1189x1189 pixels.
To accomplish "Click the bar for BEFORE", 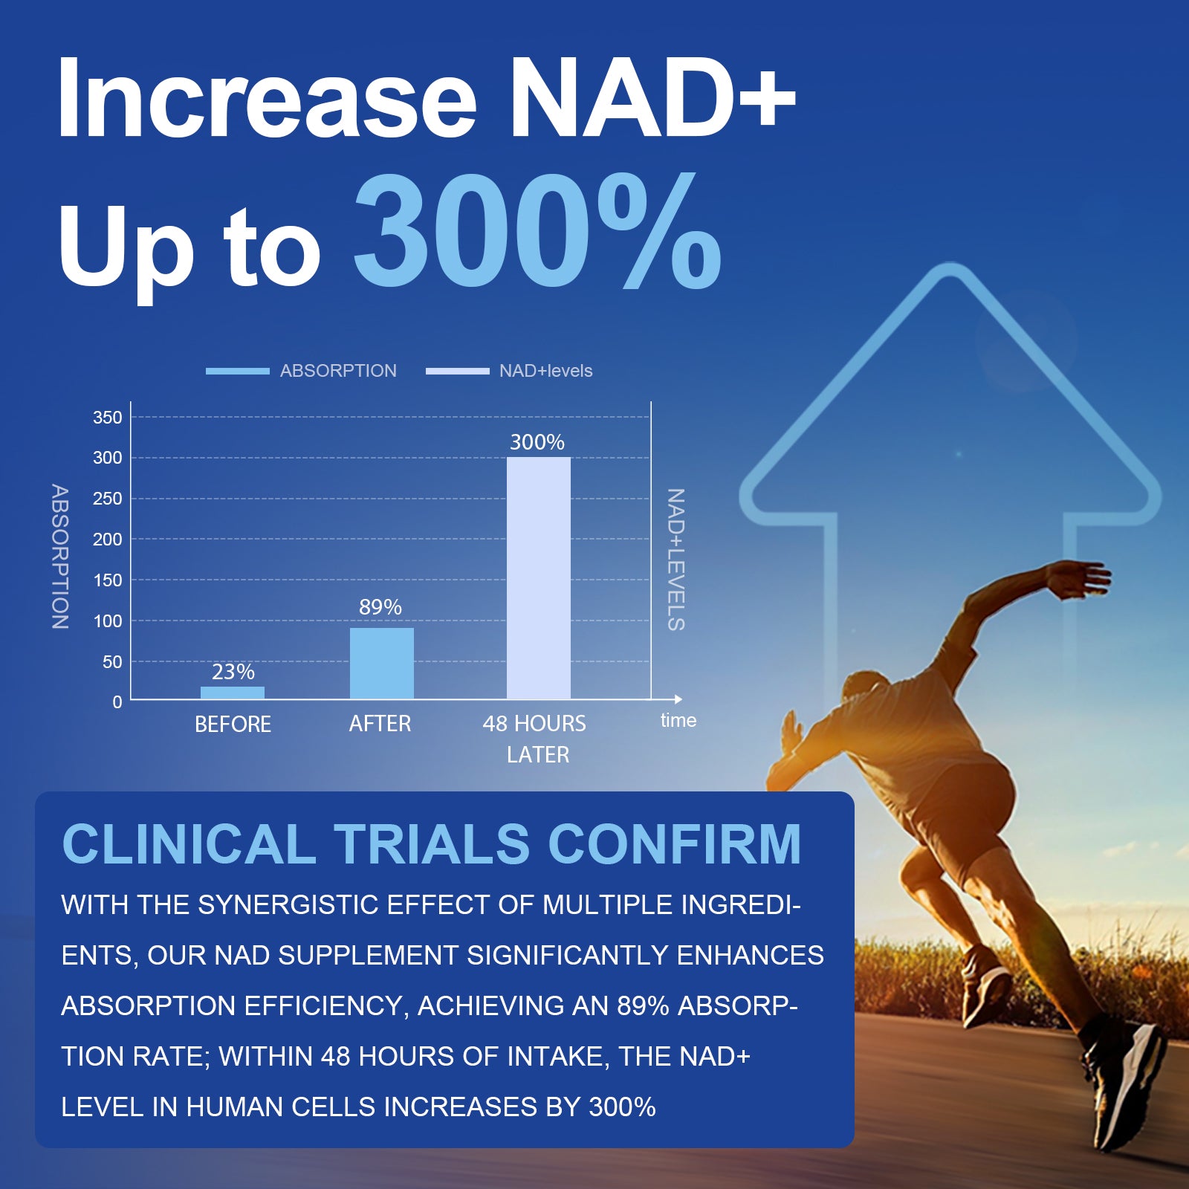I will (x=233, y=693).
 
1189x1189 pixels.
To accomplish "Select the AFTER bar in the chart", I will (x=381, y=664).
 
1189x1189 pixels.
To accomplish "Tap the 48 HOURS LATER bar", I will (x=538, y=578).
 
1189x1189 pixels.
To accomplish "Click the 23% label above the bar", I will (x=233, y=672).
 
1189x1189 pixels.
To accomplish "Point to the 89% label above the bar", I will (x=380, y=607).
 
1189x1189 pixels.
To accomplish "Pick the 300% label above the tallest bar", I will (x=537, y=442).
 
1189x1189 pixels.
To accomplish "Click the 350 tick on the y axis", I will (x=108, y=418).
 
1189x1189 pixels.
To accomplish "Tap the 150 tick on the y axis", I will (x=108, y=580).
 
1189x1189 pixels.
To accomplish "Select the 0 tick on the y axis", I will (x=117, y=702).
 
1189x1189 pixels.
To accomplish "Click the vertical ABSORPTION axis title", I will (x=60, y=557).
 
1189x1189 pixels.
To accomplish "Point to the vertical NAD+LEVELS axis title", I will (x=675, y=560).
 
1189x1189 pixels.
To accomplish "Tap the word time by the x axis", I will (x=678, y=720).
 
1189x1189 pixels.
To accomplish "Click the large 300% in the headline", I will (x=537, y=232).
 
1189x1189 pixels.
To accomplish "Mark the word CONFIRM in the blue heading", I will (x=674, y=844).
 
